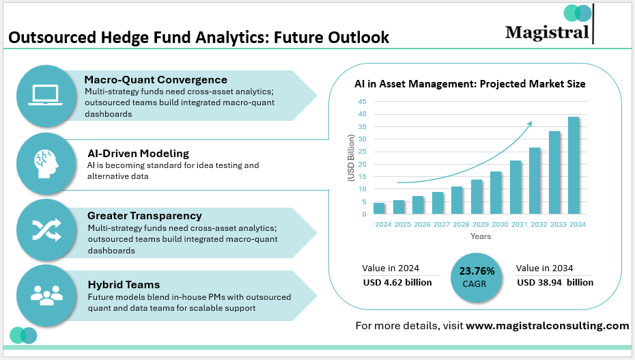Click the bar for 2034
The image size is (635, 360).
(574, 165)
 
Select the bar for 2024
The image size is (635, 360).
(379, 208)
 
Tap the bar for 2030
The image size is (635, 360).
(496, 193)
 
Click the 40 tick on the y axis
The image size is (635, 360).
(363, 114)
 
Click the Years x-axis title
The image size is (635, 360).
(480, 236)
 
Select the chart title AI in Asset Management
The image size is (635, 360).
(470, 84)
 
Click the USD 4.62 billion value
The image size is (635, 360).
(397, 282)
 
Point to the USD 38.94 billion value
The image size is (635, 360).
(554, 282)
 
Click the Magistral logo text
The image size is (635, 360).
(547, 32)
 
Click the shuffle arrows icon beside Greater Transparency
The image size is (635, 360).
(45, 228)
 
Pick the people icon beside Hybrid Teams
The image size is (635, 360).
(45, 294)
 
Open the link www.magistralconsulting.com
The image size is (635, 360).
(548, 326)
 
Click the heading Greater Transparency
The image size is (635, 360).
(144, 215)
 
